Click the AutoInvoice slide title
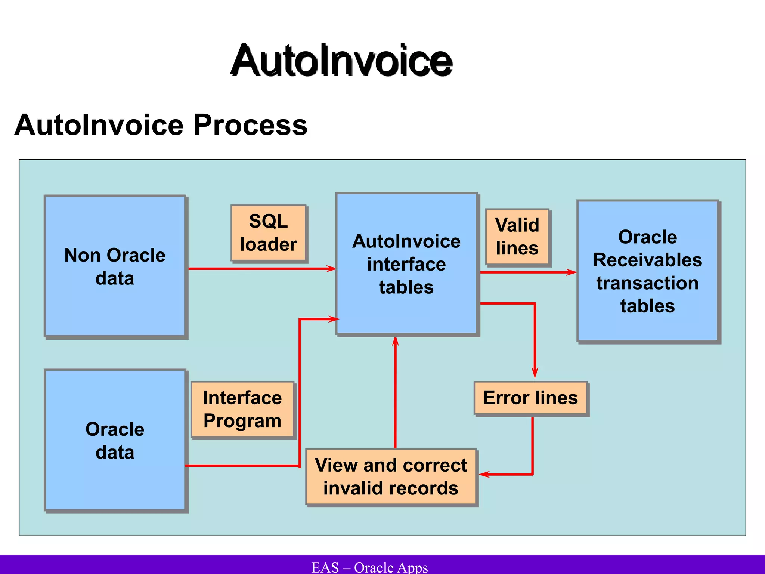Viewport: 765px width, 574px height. [x=341, y=61]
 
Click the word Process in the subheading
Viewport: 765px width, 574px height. [x=250, y=125]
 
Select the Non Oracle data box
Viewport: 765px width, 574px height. [x=115, y=266]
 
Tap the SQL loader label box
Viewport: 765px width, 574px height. [x=268, y=233]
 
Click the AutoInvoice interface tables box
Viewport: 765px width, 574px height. [x=406, y=264]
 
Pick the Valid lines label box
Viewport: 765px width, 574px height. [x=517, y=237]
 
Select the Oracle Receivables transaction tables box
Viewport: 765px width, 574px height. [x=647, y=271]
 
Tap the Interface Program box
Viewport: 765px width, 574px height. [x=242, y=409]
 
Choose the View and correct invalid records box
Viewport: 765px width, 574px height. [x=391, y=476]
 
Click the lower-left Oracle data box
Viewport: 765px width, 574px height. [x=115, y=440]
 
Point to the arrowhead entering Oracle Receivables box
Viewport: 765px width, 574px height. [x=572, y=272]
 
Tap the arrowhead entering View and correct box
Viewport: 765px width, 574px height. [x=484, y=474]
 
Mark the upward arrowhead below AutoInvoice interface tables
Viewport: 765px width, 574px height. [x=396, y=342]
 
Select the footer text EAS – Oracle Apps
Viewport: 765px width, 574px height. [x=369, y=567]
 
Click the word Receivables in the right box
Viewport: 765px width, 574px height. [x=647, y=260]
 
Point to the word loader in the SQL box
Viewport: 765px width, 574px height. [x=268, y=245]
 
